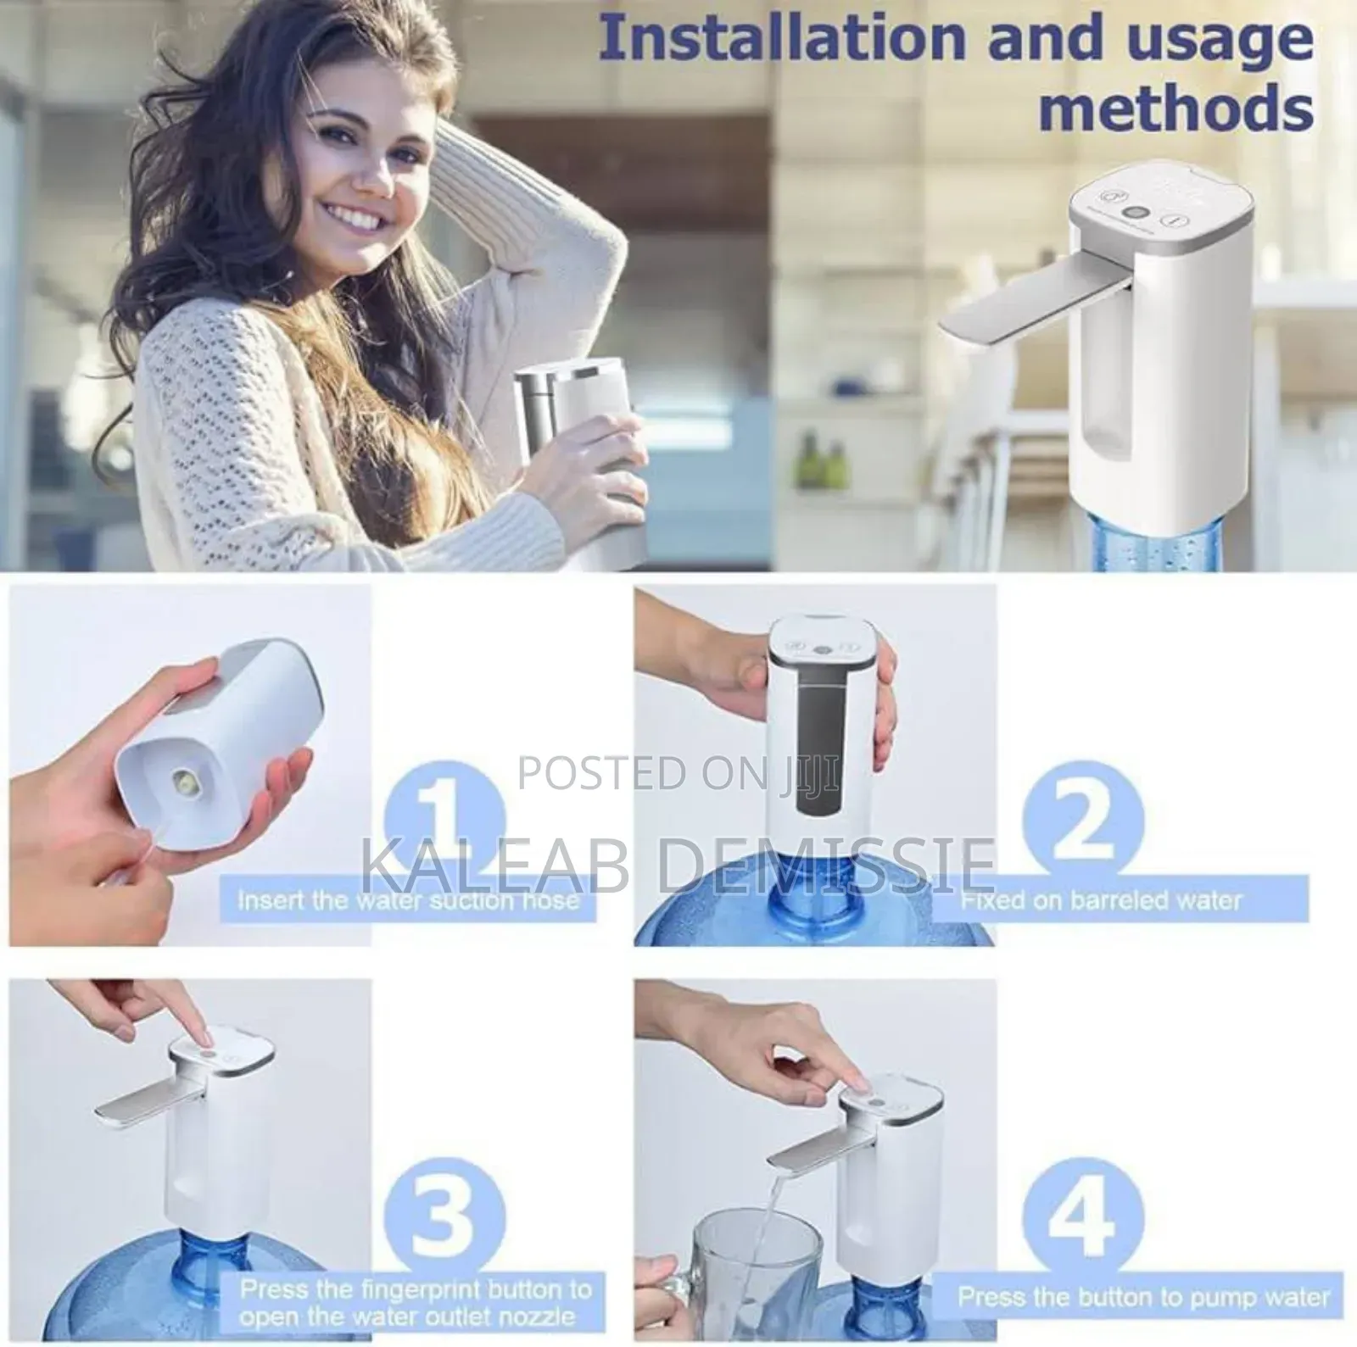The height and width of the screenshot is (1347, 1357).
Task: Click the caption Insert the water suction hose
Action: (408, 899)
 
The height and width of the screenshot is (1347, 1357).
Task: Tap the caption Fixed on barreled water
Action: (1101, 899)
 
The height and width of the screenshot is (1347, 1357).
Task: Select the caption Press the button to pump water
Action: (1143, 1297)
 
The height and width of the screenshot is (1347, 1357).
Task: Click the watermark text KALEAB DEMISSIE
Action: (678, 863)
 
